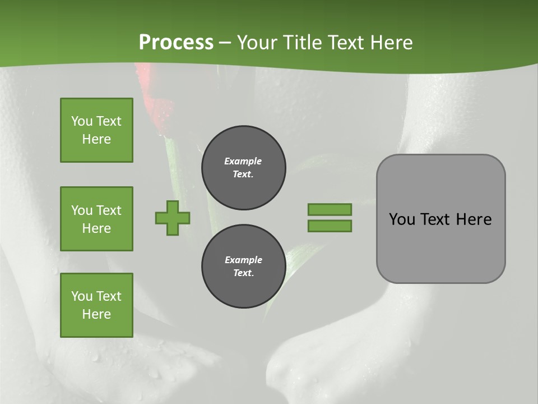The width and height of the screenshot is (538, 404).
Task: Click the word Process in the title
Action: click(x=176, y=43)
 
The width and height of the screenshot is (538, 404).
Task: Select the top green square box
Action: click(x=96, y=130)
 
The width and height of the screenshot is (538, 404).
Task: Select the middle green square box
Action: click(x=96, y=219)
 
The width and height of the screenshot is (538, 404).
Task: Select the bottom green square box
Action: click(x=96, y=305)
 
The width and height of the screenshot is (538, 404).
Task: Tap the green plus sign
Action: click(x=173, y=218)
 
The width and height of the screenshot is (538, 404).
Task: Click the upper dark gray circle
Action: click(x=244, y=168)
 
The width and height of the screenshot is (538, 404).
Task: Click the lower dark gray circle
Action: click(x=244, y=267)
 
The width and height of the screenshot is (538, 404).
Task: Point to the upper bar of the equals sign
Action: click(x=330, y=209)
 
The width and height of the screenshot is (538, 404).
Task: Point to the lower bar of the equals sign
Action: click(x=330, y=226)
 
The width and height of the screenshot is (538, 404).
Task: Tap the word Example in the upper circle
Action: click(x=243, y=161)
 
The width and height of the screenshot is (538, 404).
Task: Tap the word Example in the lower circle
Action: click(x=243, y=260)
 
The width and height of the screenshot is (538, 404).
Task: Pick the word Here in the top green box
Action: click(x=96, y=139)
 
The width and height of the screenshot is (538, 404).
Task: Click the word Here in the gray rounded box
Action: click(x=474, y=219)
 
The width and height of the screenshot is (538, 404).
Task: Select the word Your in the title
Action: click(x=257, y=43)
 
